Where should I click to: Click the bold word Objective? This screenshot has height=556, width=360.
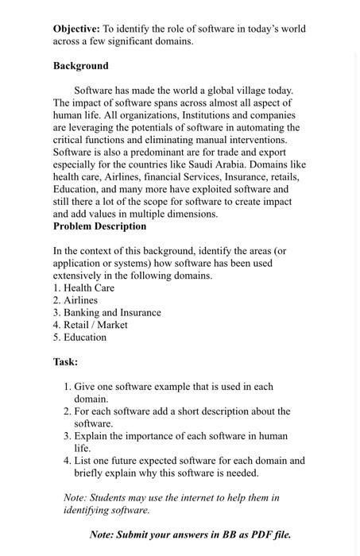pos(76,29)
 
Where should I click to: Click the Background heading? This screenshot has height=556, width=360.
pos(80,65)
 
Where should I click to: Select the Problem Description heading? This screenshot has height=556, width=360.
pos(99,226)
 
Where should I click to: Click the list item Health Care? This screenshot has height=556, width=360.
pos(89,288)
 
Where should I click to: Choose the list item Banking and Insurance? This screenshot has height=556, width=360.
pos(113,312)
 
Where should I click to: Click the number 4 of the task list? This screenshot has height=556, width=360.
pos(67,461)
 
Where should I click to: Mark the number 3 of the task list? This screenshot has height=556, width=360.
pos(67,436)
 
